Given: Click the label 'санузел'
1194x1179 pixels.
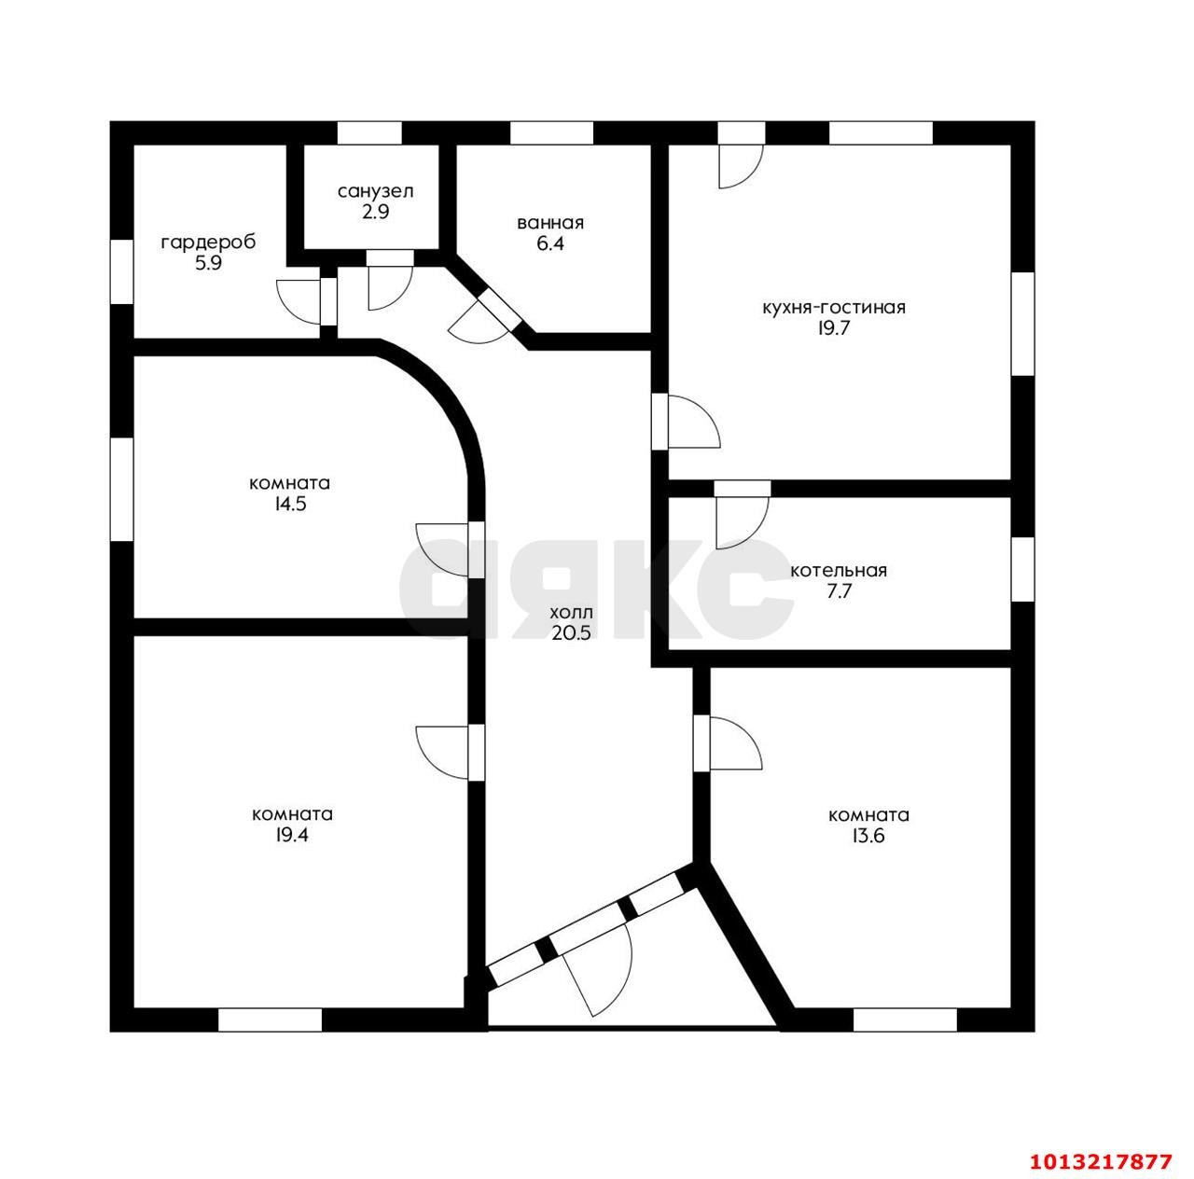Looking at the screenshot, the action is pos(376,191).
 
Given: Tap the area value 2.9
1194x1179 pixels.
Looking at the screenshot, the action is pos(376,212).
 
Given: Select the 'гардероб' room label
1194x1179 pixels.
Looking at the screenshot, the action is pos(208,242).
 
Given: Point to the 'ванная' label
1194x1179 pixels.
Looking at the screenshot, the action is pos(550,223).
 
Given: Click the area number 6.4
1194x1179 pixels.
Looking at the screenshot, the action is pos(550,243).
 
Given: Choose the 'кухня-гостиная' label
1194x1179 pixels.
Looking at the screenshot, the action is pos(833,307).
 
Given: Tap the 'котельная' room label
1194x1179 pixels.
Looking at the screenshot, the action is pos(839,570).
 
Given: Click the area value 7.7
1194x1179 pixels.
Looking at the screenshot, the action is pos(839,591).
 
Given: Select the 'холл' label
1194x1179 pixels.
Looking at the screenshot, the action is pos(571,613).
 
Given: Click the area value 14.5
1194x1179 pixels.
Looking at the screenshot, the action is pos(289,504).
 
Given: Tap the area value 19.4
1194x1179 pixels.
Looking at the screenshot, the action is pos(293,835).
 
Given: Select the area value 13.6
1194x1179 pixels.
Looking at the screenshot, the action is pos(868,836).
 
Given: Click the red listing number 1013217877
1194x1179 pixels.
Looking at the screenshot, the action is pos(1102,1160).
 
